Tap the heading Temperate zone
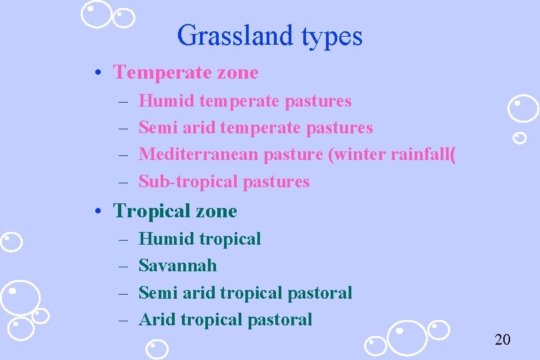pyautogui.click(x=185, y=72)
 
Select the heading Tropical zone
pyautogui.click(x=175, y=211)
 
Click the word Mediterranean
pyautogui.click(x=199, y=154)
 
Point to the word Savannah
pyautogui.click(x=177, y=265)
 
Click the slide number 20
pyautogui.click(x=502, y=340)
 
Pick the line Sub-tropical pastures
pyautogui.click(x=224, y=181)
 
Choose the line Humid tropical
pyautogui.click(x=199, y=239)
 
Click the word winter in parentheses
pyautogui.click(x=357, y=154)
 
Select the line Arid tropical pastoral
pyautogui.click(x=225, y=319)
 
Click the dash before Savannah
pyautogui.click(x=125, y=265)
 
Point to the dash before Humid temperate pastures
pyautogui.click(x=125, y=101)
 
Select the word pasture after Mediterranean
pyautogui.click(x=292, y=155)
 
